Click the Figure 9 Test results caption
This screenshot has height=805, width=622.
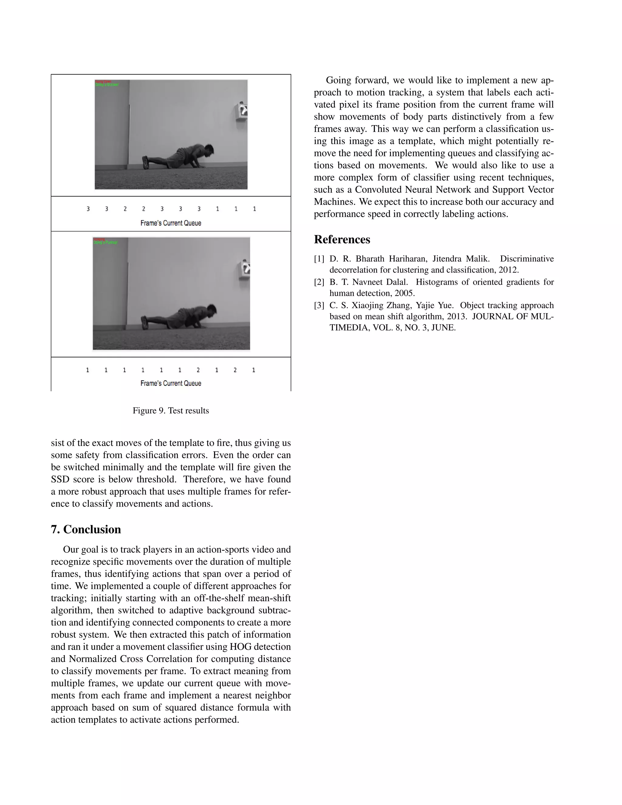tap(171, 411)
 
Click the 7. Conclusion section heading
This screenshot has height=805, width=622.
tap(86, 529)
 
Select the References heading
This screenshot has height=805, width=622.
tap(342, 240)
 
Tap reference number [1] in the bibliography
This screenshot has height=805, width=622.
tap(319, 259)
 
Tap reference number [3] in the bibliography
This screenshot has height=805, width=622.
tap(319, 306)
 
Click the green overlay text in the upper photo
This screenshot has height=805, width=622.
tap(107, 85)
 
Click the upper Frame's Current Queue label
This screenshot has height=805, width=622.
tap(171, 223)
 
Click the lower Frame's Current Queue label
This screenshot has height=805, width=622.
tap(171, 383)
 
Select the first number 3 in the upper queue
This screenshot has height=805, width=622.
tap(88, 209)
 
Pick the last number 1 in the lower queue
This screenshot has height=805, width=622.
tap(254, 370)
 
